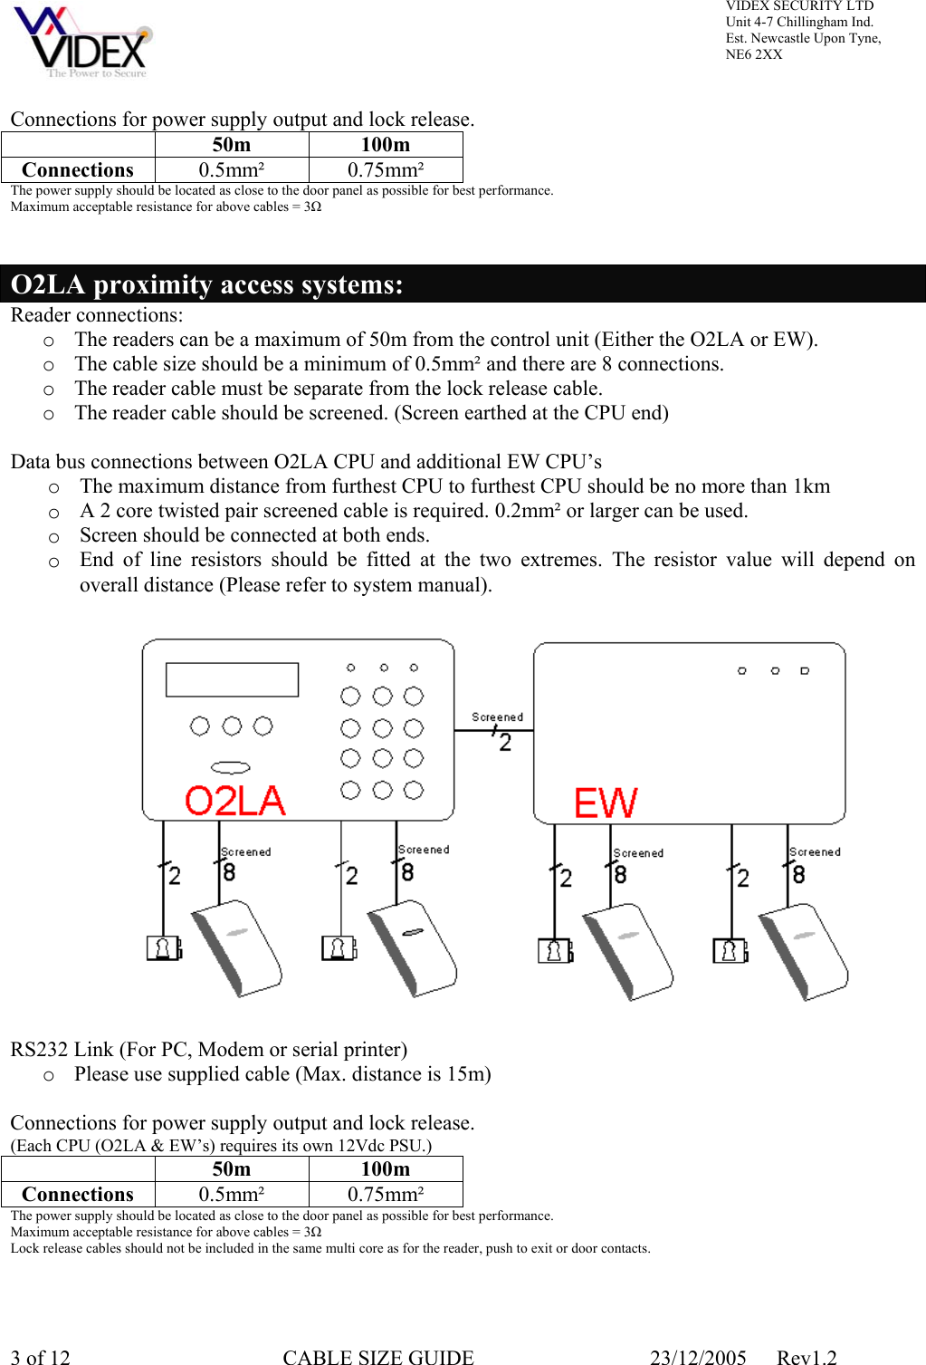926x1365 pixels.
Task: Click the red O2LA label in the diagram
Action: (234, 802)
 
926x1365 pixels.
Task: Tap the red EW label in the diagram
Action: (606, 803)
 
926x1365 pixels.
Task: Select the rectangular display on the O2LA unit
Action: (232, 679)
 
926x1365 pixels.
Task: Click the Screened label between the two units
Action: (497, 716)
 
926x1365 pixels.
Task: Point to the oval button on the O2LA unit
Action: (231, 767)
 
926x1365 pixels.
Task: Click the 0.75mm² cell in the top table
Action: (386, 170)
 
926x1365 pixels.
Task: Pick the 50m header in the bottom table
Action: (232, 1169)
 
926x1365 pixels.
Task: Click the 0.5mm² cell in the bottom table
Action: (232, 1195)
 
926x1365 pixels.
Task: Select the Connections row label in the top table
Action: (78, 170)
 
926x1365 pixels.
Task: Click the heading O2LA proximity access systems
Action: (206, 284)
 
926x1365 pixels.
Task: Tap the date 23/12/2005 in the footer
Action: (698, 1357)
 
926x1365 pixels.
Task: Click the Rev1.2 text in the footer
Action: (807, 1357)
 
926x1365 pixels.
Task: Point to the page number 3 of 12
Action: (41, 1357)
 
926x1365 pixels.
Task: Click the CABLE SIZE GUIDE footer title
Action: (378, 1357)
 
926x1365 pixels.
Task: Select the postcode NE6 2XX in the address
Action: (754, 54)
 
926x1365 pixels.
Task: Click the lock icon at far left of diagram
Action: (164, 948)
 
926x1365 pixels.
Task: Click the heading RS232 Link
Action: (208, 1049)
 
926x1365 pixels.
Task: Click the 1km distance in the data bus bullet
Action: (811, 486)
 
